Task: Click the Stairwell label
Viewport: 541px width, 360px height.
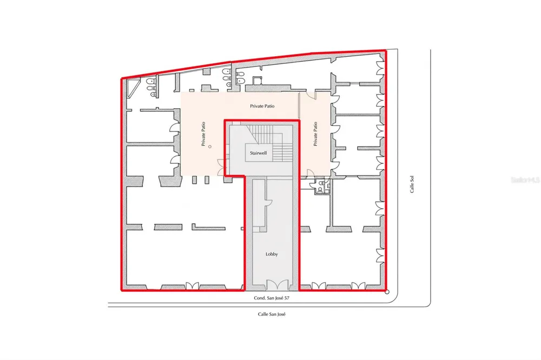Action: click(259, 153)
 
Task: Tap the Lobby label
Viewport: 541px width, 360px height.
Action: click(272, 254)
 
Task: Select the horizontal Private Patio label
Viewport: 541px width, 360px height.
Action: click(262, 106)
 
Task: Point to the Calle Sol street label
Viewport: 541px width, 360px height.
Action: click(412, 184)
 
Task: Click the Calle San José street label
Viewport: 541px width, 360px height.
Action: click(272, 314)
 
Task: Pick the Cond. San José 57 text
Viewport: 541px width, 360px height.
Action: click(272, 298)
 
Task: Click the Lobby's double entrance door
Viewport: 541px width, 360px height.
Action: click(277, 285)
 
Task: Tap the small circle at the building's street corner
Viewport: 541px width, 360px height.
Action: click(387, 292)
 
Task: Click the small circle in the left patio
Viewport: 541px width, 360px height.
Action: click(210, 146)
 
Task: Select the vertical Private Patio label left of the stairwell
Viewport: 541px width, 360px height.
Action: click(203, 134)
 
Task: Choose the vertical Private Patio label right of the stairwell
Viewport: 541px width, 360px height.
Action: click(315, 134)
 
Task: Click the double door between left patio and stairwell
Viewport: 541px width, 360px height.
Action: click(221, 168)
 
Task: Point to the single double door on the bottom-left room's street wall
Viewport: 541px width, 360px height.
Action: click(192, 286)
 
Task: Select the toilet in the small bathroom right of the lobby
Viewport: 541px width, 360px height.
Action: click(320, 190)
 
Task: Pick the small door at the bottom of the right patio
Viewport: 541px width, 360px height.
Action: click(310, 174)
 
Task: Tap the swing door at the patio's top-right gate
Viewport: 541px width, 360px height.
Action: click(312, 96)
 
